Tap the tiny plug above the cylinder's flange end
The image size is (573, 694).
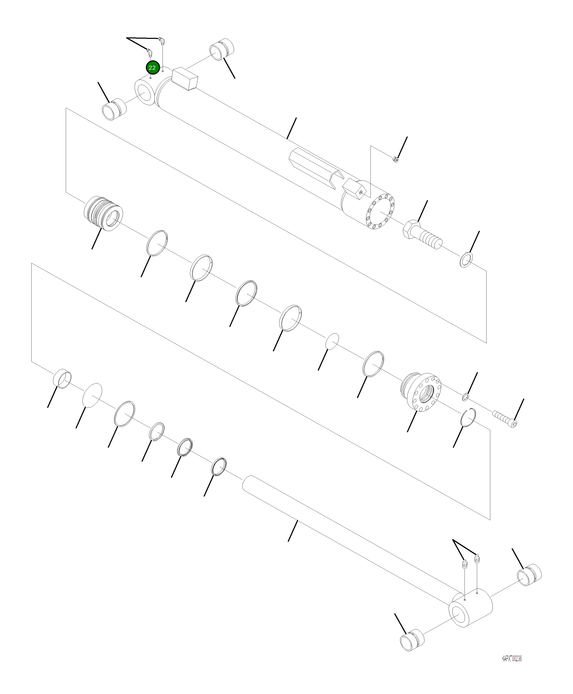pos(395,160)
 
